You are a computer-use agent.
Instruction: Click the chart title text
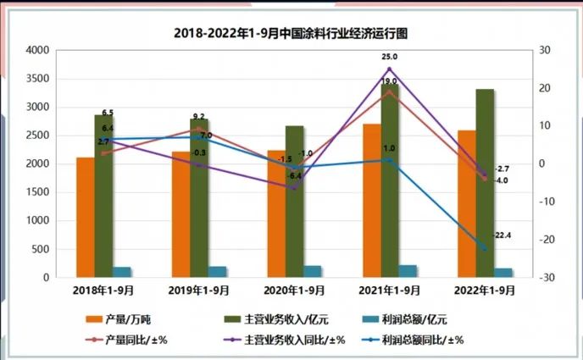291,34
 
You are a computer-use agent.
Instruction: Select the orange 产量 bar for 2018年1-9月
85,217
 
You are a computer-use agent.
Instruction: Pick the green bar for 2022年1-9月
485,183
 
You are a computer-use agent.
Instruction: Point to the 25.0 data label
389,57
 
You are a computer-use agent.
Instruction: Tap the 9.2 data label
199,116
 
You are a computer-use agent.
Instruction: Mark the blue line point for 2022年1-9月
485,249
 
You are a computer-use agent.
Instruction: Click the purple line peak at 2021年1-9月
389,69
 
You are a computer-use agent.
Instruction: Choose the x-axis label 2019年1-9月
199,291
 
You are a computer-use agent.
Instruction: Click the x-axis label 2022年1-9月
485,291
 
